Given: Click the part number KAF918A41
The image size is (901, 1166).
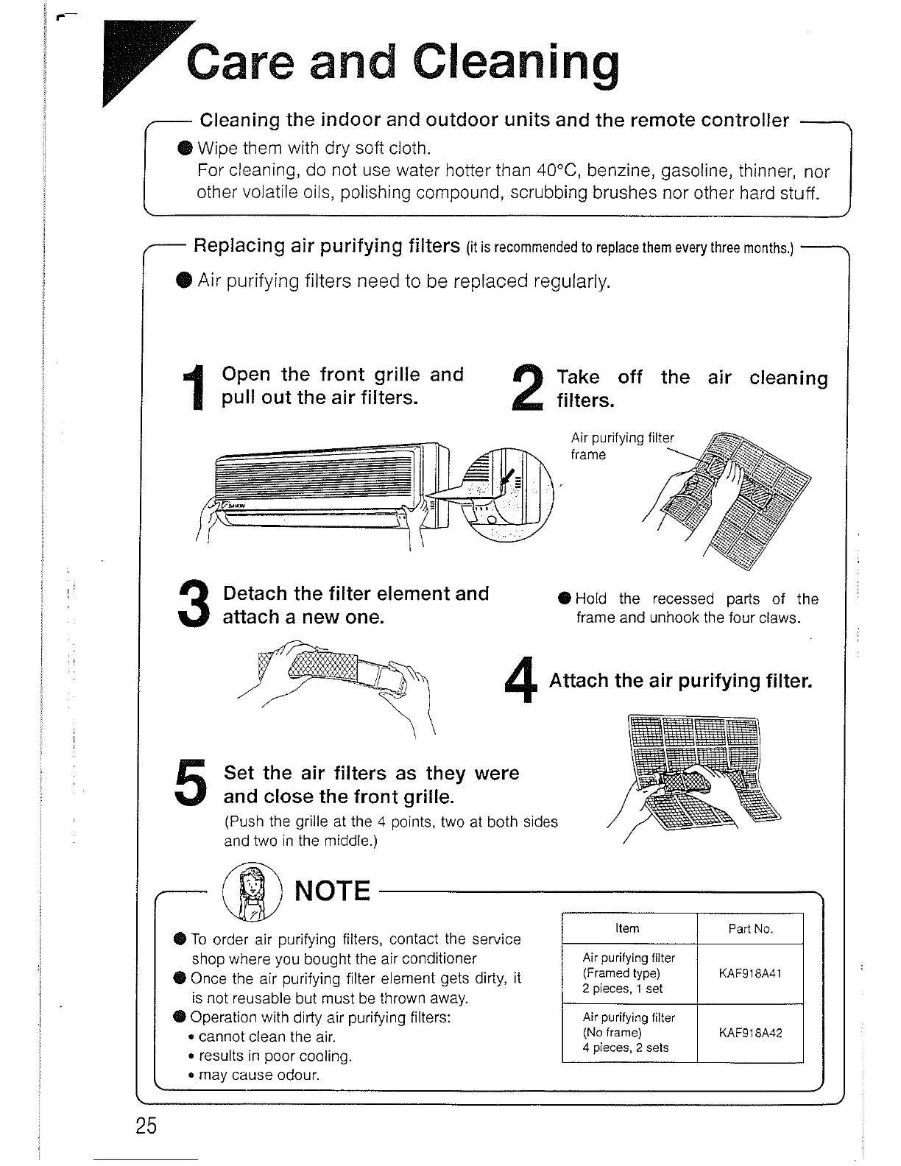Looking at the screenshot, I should [x=749, y=973].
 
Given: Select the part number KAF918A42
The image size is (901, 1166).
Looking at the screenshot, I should [x=749, y=1033].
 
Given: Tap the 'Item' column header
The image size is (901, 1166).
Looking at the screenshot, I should [x=627, y=928].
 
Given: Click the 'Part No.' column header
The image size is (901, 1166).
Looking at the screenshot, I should [x=750, y=929].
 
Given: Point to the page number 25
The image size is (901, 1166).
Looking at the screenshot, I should [x=146, y=1126].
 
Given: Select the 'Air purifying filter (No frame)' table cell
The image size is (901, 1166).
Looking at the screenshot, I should [x=628, y=1033].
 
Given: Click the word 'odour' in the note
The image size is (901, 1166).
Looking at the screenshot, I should [x=297, y=1075].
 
